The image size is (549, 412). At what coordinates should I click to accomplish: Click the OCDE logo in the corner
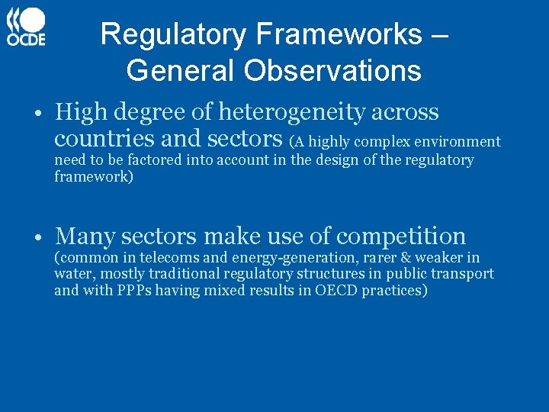point(27,27)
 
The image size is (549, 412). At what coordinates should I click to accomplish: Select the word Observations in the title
point(332,70)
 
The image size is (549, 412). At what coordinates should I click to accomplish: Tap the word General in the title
point(181,70)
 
